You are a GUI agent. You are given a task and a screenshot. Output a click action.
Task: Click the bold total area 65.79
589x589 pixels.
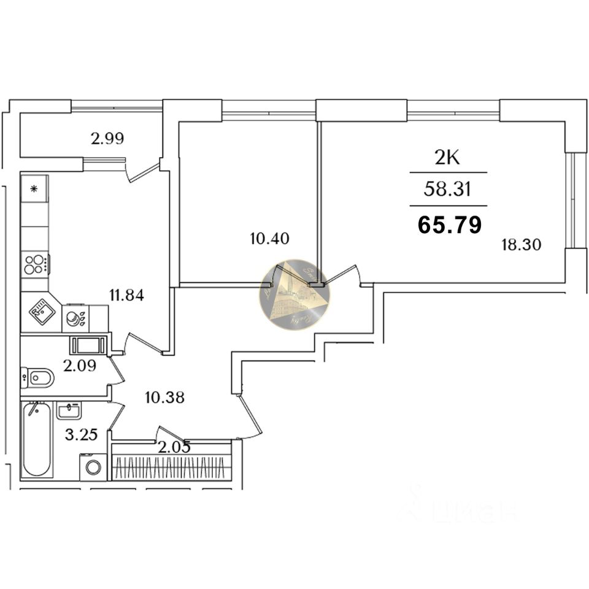(x=450, y=225)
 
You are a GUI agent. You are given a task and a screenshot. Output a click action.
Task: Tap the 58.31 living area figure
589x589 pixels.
(x=447, y=190)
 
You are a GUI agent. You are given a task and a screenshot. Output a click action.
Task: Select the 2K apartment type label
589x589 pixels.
(x=447, y=158)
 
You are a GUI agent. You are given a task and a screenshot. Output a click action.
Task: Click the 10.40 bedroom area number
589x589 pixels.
(x=269, y=237)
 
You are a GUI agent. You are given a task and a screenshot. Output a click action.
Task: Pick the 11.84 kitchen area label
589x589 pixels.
(x=126, y=295)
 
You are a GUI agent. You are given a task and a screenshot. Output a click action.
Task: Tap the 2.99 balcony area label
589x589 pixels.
(x=107, y=139)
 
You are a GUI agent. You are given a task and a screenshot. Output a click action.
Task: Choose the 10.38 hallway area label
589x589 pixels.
(x=164, y=397)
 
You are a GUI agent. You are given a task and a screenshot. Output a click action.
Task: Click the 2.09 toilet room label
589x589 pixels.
(x=80, y=367)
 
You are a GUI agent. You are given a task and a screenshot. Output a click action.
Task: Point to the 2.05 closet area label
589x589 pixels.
(x=174, y=447)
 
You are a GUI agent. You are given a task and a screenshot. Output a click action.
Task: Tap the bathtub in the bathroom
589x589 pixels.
(x=36, y=439)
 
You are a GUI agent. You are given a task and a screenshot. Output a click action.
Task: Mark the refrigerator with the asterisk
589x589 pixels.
(x=34, y=189)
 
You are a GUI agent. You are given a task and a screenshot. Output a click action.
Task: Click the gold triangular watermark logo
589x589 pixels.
(x=294, y=294)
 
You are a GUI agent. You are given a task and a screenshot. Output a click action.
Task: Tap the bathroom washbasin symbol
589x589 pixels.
(x=70, y=409)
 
